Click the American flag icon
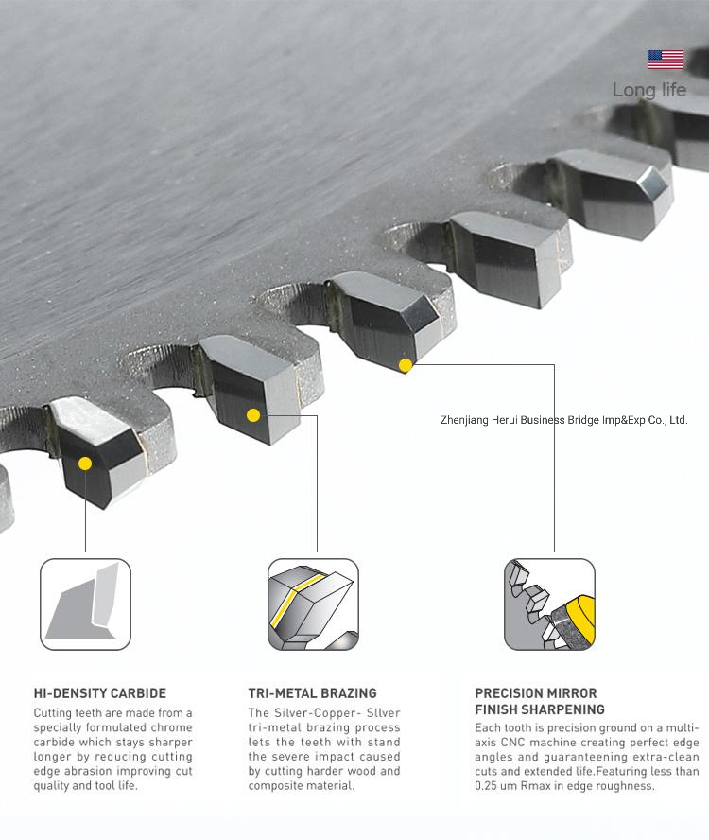[x=666, y=60]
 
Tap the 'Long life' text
[x=649, y=90]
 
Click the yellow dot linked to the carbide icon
[x=85, y=464]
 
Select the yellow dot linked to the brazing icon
[x=253, y=414]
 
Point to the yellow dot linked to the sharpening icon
[x=406, y=365]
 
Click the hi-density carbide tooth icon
[x=86, y=604]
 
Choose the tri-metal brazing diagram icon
[x=313, y=604]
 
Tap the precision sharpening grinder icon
[x=549, y=604]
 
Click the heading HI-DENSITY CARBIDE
[x=100, y=693]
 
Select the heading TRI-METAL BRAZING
[x=312, y=693]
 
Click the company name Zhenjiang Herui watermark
[x=563, y=420]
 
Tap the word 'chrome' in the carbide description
[x=171, y=727]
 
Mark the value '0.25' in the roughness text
[x=486, y=786]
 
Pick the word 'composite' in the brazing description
[x=273, y=786]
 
